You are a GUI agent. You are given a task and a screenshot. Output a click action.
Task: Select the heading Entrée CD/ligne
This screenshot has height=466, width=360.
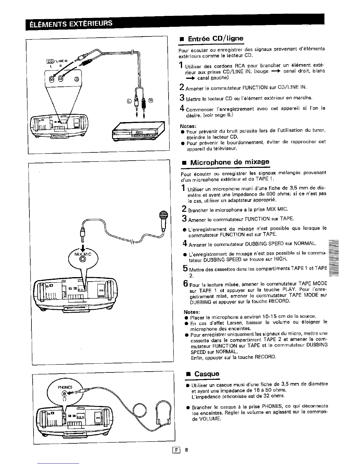tap(216, 39)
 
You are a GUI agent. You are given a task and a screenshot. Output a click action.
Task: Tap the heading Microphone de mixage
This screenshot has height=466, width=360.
tap(229, 162)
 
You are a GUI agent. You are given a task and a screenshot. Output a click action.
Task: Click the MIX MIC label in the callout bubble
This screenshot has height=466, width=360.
tap(83, 254)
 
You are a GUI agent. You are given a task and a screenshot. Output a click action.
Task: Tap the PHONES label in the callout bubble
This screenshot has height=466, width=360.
tap(65, 387)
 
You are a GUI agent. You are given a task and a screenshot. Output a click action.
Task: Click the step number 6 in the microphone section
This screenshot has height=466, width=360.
tap(186, 283)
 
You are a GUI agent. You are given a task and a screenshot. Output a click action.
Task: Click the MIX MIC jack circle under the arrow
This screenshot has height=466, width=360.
tap(83, 259)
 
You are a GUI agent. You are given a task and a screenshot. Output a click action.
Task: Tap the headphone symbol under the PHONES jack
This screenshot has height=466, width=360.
tap(64, 399)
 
